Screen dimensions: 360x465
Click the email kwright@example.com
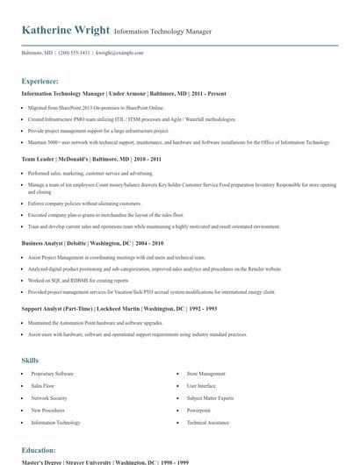[x=119, y=53]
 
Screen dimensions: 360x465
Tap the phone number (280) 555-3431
[x=74, y=53]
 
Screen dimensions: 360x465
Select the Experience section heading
[x=40, y=81]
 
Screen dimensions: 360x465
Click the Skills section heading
[x=31, y=360]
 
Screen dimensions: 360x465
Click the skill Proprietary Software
[x=53, y=374]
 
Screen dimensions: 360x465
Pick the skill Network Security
[x=49, y=398]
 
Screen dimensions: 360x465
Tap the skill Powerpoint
[x=198, y=410]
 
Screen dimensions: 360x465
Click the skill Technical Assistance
[x=207, y=422]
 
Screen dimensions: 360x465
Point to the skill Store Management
[x=207, y=374]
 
